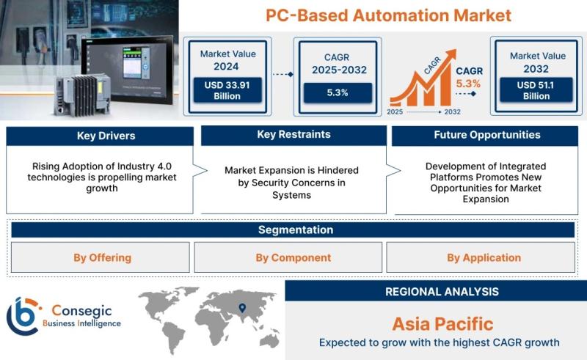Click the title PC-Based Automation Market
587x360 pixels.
coord(388,15)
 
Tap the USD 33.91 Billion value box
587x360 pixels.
coord(227,90)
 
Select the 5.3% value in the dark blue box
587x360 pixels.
coord(338,92)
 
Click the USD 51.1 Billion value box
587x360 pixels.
coord(536,89)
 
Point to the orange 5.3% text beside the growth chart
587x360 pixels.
coord(468,84)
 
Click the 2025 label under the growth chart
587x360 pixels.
coord(395,111)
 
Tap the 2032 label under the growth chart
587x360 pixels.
coord(452,111)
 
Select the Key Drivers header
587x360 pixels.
coord(100,136)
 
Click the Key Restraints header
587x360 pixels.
coord(294,135)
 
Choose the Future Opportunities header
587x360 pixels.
coord(485,136)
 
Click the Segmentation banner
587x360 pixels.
coord(293,229)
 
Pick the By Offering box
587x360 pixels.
coord(101,257)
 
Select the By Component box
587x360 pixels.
coord(288,257)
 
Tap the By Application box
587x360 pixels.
coord(481,257)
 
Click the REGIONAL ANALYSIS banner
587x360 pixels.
coord(436,291)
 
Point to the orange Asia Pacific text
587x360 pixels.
coord(442,324)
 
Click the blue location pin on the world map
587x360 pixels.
coord(242,308)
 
